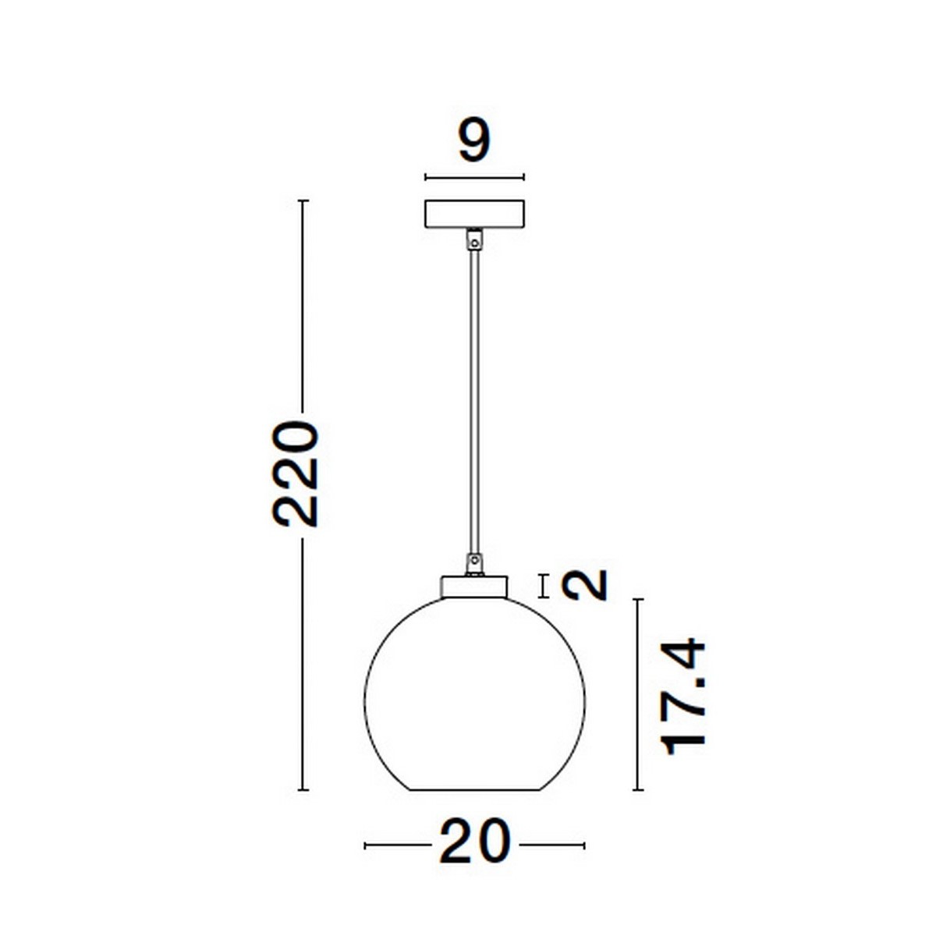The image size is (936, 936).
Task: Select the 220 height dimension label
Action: point(297,473)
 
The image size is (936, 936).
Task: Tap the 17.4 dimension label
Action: point(684,697)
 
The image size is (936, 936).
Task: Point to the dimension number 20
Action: point(473,842)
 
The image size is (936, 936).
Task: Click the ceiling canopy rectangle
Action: point(474,214)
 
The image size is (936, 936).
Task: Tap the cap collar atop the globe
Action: point(474,587)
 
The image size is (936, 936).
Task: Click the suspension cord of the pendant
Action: point(473,398)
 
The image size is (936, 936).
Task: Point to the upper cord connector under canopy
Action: point(473,239)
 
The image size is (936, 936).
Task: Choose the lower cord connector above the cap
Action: point(473,562)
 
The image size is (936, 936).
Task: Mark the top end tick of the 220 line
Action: point(304,201)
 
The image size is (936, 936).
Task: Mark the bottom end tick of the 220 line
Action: point(304,790)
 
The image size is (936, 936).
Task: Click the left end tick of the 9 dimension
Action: point(425,177)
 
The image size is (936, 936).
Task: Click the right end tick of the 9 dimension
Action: point(524,177)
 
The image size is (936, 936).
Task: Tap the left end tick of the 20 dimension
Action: point(365,845)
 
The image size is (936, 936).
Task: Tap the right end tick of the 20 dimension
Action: point(584,845)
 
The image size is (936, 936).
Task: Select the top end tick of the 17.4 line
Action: point(638,600)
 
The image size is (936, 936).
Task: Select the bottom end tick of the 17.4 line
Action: point(638,790)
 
